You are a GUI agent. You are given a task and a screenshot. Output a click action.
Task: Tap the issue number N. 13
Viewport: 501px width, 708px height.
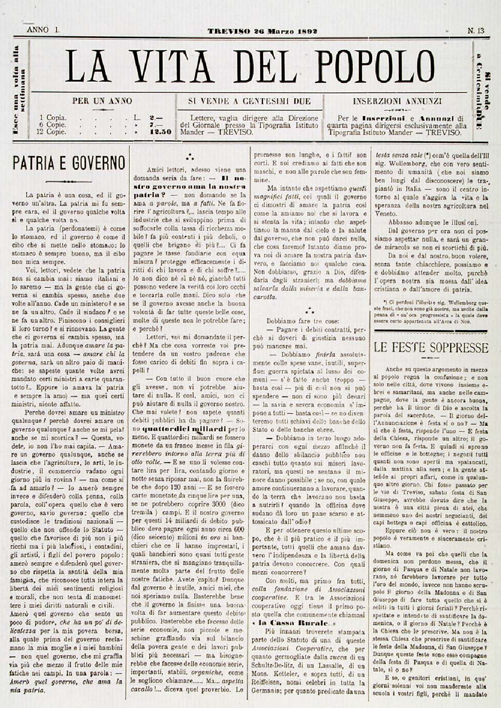476,30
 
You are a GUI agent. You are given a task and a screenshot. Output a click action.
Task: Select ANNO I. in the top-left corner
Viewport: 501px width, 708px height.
43,30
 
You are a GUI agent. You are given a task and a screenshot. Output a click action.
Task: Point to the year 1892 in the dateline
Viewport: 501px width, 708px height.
306,30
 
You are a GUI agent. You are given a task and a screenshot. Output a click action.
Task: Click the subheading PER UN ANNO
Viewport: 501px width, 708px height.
102,102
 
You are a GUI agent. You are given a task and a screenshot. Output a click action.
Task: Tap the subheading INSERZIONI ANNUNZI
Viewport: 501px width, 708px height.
397,102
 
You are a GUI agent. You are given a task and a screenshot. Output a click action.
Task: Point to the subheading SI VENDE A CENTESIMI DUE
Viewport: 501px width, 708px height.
249,102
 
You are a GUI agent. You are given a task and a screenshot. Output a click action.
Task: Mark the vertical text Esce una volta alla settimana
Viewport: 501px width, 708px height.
20,90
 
